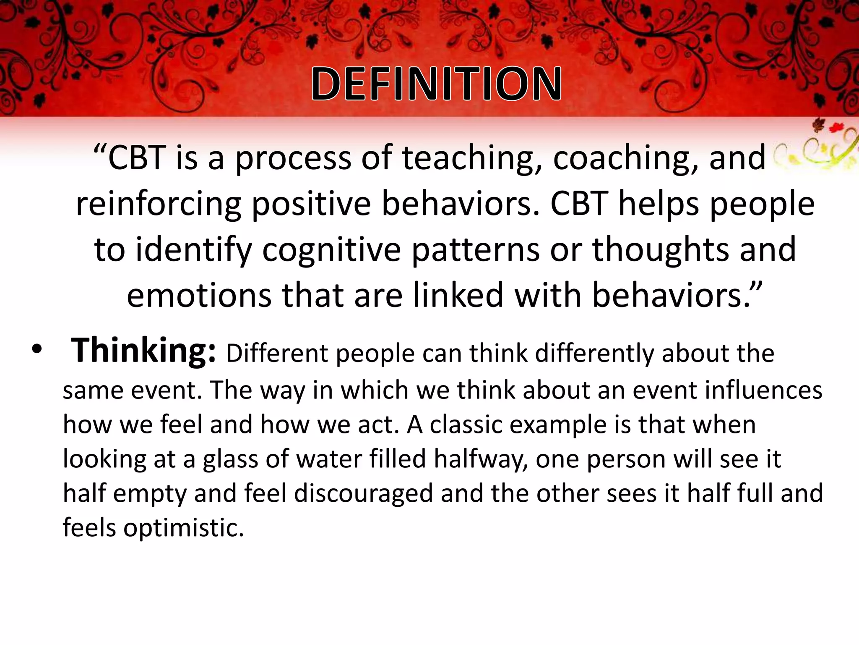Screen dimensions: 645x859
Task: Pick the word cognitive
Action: click(331, 250)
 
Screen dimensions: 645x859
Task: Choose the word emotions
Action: click(199, 296)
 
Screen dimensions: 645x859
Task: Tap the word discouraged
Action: click(363, 493)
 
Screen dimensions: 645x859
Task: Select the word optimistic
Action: click(183, 528)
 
